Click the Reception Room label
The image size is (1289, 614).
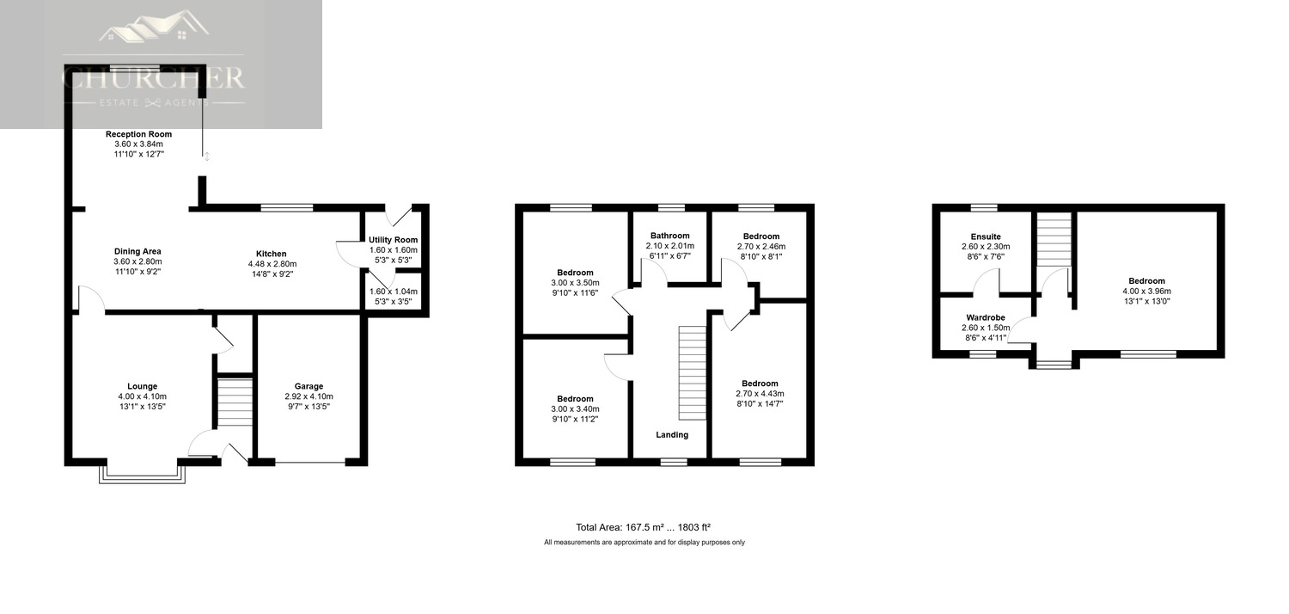[x=138, y=134]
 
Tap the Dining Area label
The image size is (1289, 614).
[x=137, y=251]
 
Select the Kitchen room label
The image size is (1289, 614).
[x=271, y=254]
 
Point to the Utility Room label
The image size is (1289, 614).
[x=394, y=240]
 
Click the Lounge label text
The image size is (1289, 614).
[x=142, y=386]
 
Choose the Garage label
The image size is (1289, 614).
[x=309, y=386]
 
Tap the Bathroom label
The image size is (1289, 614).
[x=669, y=236]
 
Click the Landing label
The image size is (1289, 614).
[x=672, y=435]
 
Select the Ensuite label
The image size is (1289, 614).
[x=986, y=236]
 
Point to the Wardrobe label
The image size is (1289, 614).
[x=986, y=317]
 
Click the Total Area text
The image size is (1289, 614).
[x=644, y=527]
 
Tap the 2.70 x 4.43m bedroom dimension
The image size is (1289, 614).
[x=760, y=393]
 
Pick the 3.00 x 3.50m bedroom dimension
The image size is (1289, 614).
[x=575, y=283]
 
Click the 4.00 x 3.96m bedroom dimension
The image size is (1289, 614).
[x=1146, y=291]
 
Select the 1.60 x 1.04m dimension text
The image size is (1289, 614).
[x=394, y=292]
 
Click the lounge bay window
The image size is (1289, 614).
[x=142, y=471]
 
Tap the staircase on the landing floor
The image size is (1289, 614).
[x=693, y=373]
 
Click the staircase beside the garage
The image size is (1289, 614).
[x=235, y=402]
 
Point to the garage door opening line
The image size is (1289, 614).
[x=310, y=462]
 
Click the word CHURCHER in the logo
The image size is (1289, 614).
[x=153, y=78]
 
